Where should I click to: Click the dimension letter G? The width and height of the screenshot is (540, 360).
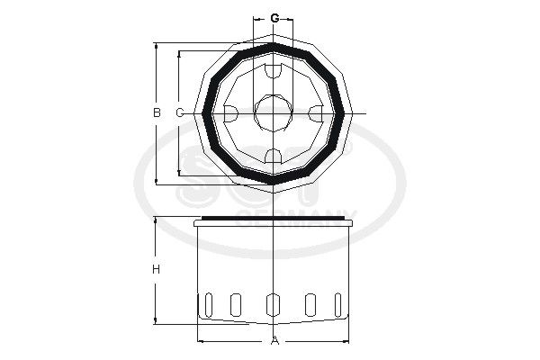274,18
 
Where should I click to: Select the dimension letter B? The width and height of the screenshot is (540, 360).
156,112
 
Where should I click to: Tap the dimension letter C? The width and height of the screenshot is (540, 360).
179,112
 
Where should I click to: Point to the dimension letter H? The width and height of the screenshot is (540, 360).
156,270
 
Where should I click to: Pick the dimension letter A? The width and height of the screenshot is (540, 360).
274,341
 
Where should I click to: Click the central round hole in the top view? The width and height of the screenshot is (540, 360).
274,112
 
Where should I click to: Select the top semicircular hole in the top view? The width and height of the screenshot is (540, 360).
274,70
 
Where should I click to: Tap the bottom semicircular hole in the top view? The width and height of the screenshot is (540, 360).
274,157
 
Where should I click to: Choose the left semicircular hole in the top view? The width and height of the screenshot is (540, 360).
230,112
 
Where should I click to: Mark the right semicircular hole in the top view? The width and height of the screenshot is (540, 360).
316,112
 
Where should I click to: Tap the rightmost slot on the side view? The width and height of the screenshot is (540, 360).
338,304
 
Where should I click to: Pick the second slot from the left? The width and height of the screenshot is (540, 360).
236,304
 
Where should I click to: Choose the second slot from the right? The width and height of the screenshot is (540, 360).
311,304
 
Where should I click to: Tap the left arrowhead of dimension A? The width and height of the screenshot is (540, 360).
201,340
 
